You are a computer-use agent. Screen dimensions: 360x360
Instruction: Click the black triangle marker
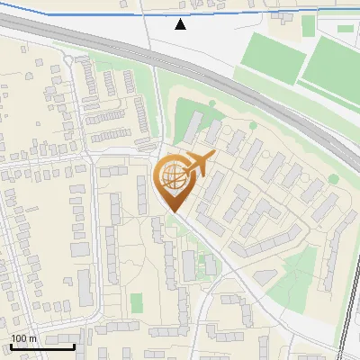pos(181,24)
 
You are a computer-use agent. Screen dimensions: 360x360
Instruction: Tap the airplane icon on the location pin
pos(198,165)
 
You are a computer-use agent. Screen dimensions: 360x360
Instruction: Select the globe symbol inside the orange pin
pos(171,177)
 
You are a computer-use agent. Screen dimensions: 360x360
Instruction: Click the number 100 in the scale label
pos(19,339)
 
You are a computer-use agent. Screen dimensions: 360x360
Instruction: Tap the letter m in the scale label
pos(32,339)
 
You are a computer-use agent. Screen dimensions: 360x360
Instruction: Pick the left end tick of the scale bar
pos(10,346)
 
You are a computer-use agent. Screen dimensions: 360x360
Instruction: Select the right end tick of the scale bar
pos(74,346)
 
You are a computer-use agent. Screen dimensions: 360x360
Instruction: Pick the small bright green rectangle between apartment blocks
pos(137,303)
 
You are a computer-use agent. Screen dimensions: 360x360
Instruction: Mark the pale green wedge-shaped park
pos(292,283)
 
